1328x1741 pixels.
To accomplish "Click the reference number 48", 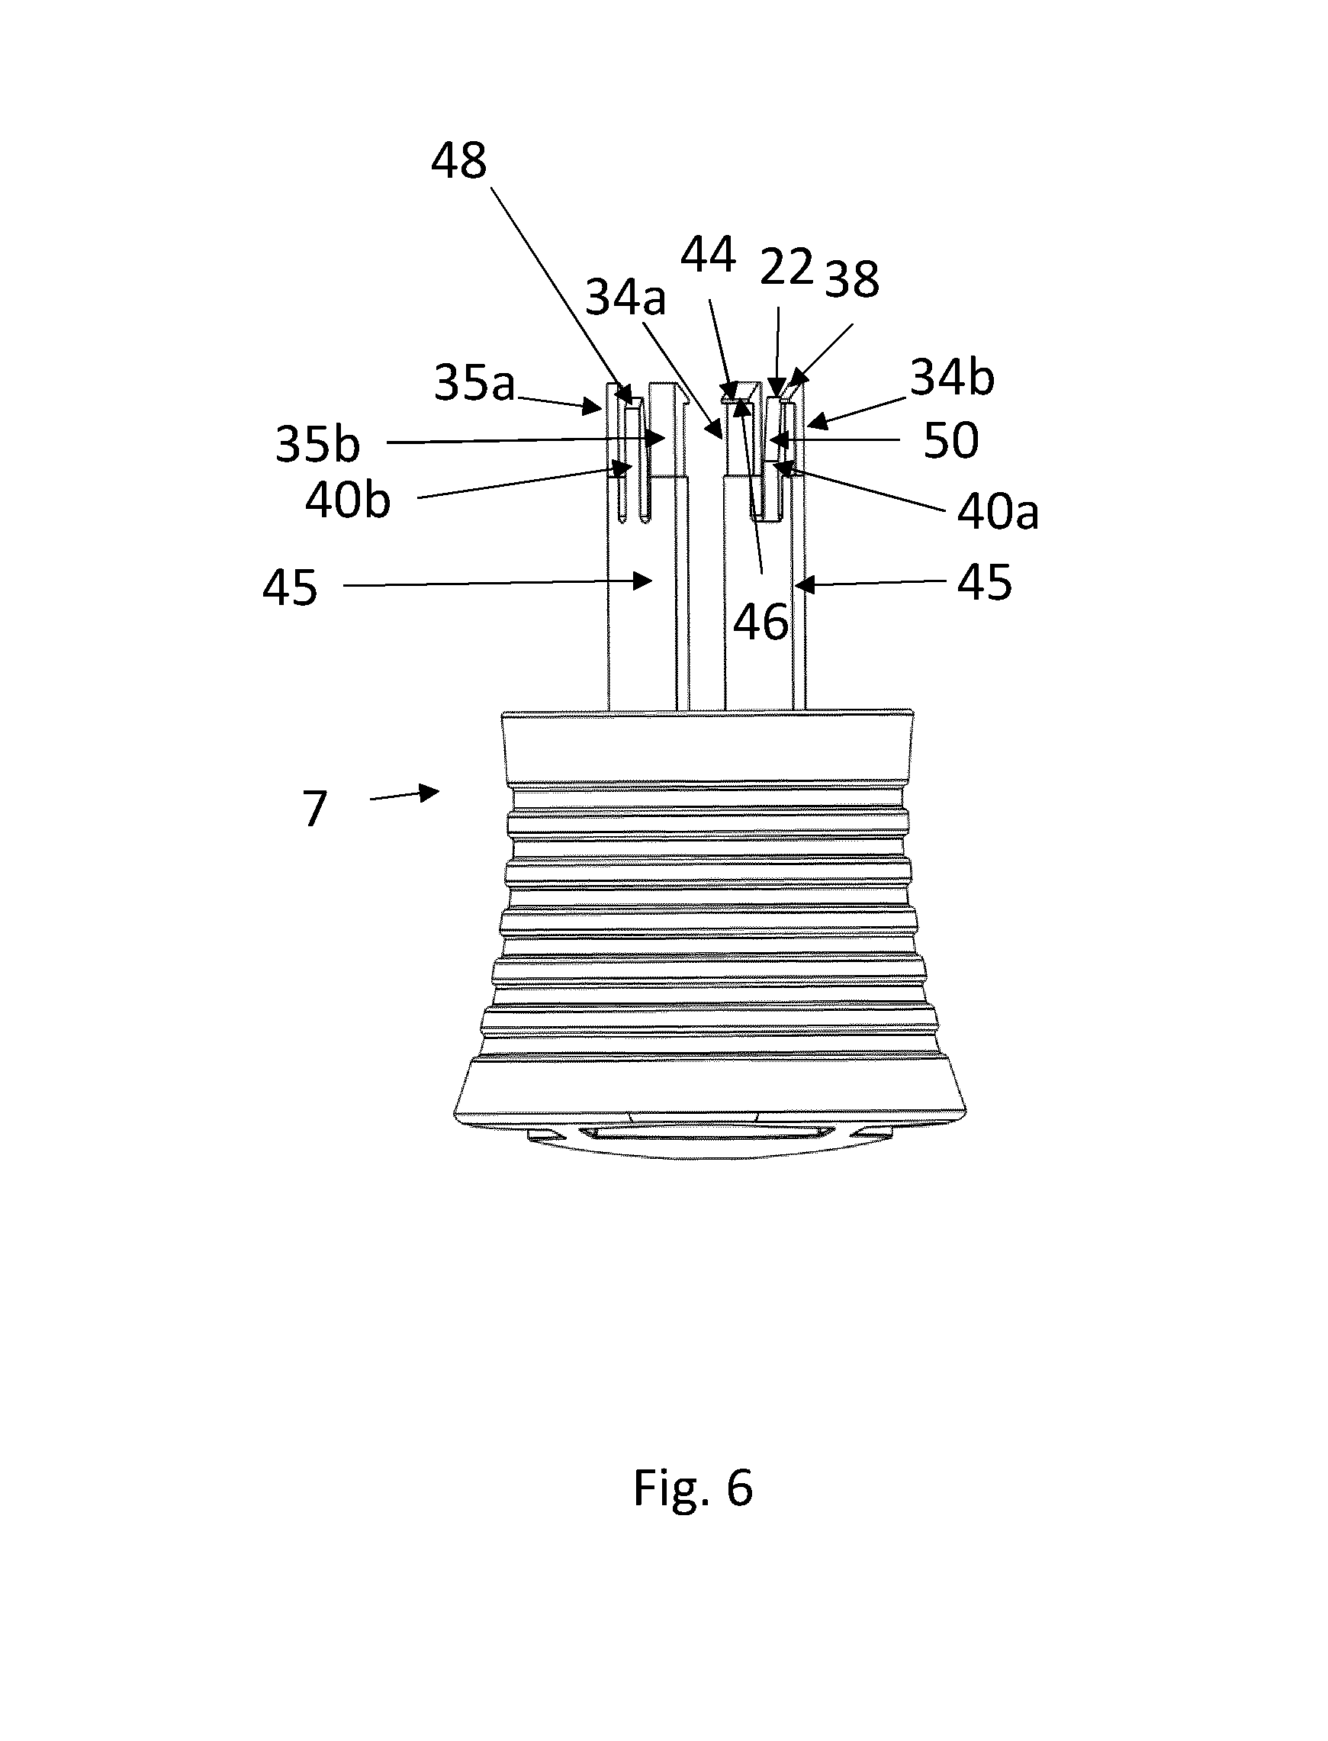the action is (x=458, y=161).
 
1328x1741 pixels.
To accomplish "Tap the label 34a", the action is (x=625, y=299).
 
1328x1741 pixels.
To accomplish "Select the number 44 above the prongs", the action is (x=709, y=256).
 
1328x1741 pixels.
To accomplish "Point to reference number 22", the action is (x=786, y=267).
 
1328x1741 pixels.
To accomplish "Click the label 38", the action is (x=852, y=279).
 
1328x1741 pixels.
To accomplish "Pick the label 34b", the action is (x=953, y=377).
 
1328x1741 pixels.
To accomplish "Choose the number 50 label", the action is (x=951, y=440).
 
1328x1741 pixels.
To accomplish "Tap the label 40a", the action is (x=998, y=513).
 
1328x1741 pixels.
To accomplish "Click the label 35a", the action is (x=474, y=384).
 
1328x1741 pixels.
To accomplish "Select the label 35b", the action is (x=318, y=444).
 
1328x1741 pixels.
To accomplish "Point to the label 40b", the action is (x=348, y=500).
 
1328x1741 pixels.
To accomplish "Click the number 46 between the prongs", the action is (x=760, y=623).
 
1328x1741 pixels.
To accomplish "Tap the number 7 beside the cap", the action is (x=314, y=809).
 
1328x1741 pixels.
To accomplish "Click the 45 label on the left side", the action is (x=290, y=588).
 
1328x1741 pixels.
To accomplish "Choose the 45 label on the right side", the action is (x=984, y=584).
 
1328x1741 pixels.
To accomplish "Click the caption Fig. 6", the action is (x=693, y=1487).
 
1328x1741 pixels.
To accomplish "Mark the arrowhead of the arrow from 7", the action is (x=431, y=791).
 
